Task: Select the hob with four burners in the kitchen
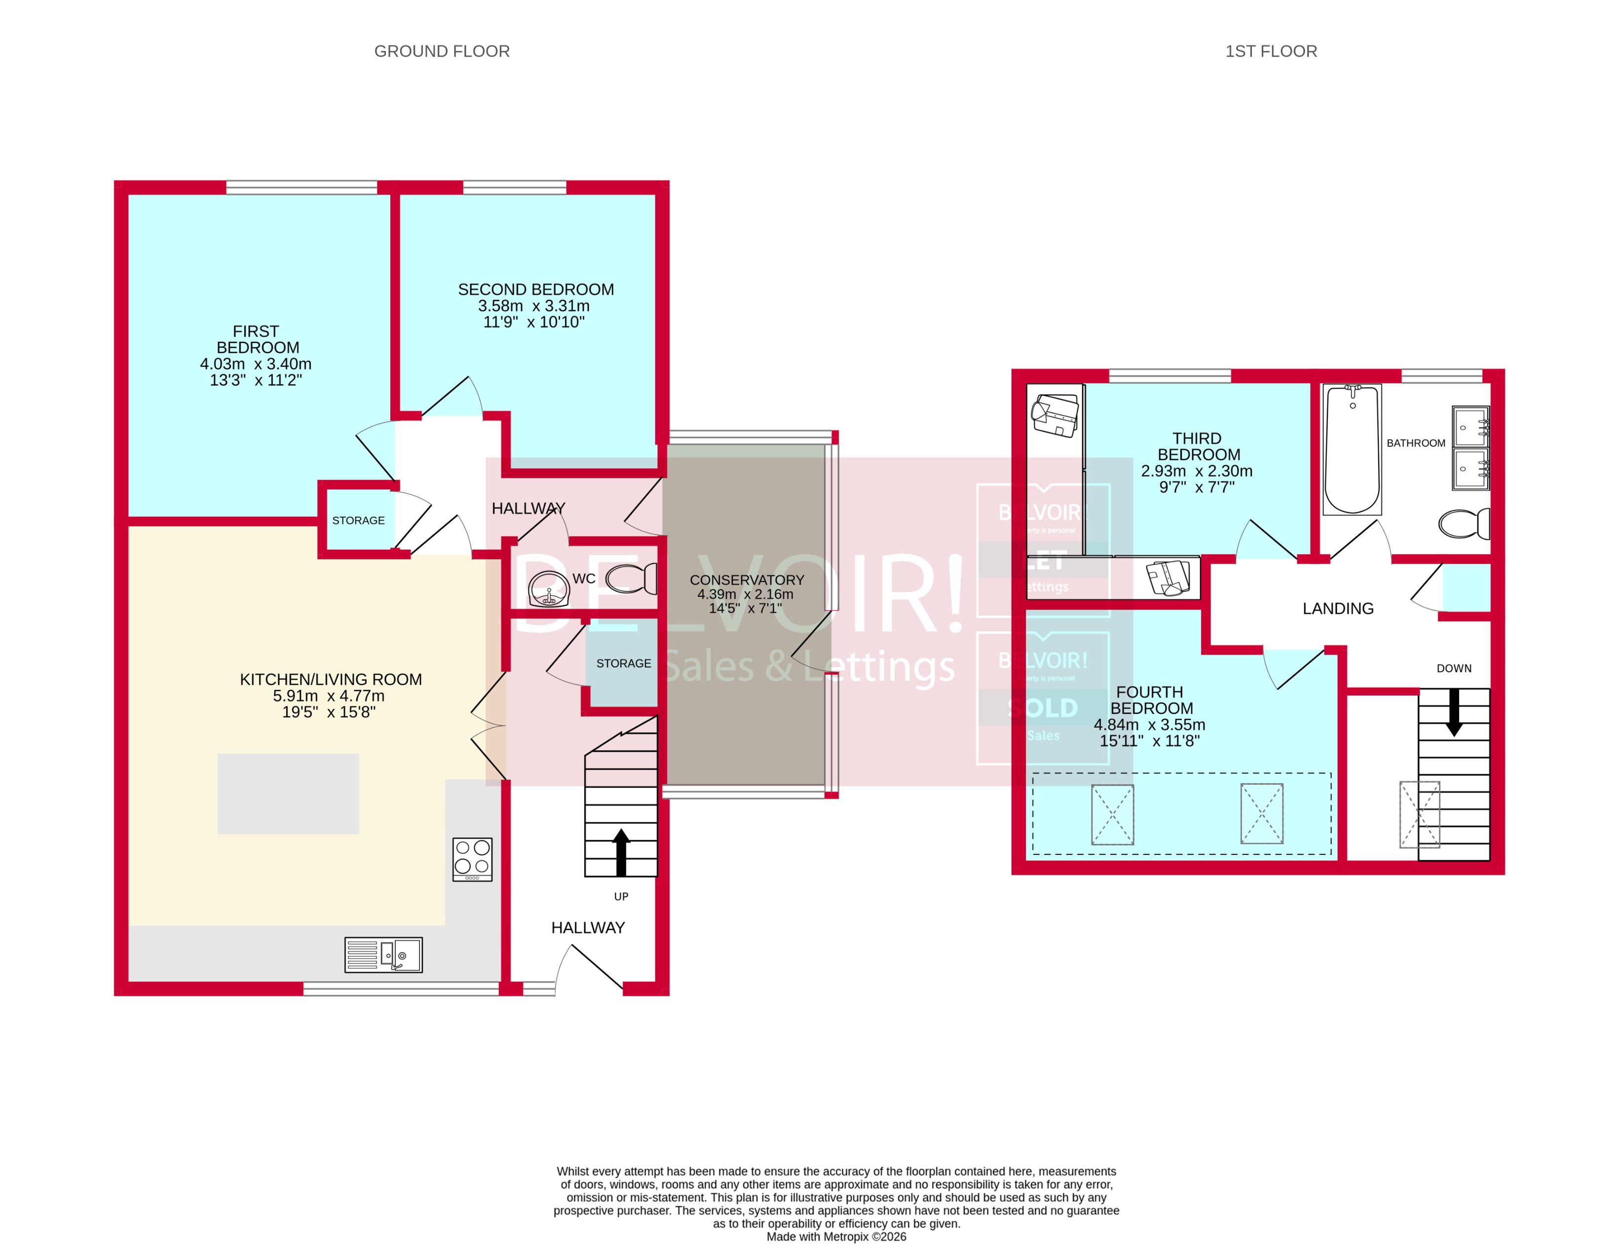click(472, 859)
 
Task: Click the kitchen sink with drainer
click(383, 955)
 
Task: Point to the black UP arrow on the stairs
click(621, 852)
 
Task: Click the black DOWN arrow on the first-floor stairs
click(1454, 712)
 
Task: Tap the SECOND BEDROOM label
click(535, 289)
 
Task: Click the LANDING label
click(1338, 609)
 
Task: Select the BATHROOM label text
click(1415, 443)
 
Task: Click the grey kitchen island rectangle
click(288, 794)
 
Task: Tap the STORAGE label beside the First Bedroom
click(358, 520)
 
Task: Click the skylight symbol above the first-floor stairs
click(1419, 815)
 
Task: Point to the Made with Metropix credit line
click(836, 1237)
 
